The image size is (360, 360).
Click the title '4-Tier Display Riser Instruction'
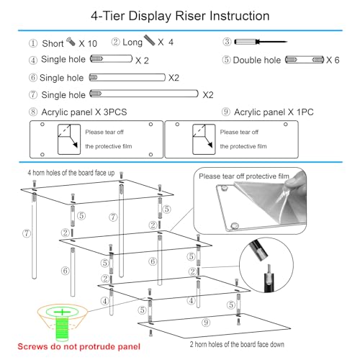(180, 16)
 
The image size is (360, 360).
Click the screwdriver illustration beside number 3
(261, 42)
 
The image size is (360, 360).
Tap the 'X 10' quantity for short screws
(88, 44)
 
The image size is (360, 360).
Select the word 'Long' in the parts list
(132, 42)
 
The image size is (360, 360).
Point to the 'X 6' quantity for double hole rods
(333, 60)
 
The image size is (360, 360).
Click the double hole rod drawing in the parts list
(305, 60)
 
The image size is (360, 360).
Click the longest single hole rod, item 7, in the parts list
(144, 94)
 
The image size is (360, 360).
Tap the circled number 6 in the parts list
(33, 78)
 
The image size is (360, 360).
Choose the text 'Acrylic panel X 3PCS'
(84, 112)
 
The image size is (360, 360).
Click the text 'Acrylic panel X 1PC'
(274, 112)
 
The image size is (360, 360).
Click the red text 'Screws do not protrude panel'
(79, 346)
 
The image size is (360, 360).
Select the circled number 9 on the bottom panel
(206, 323)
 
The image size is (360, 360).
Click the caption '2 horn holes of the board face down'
(237, 344)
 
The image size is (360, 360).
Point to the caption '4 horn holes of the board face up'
(71, 173)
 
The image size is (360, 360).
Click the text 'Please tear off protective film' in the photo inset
(244, 176)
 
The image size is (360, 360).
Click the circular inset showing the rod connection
(266, 265)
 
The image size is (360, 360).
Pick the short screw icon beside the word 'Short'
(71, 42)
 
